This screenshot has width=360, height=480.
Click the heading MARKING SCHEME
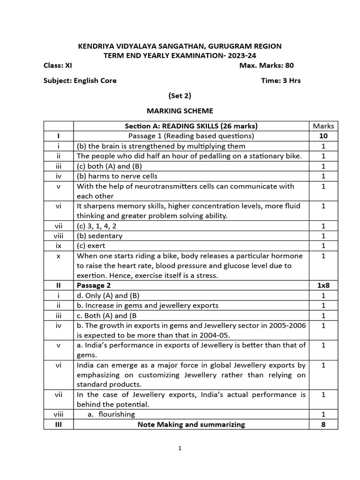(x=180, y=111)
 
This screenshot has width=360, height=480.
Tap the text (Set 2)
(x=180, y=96)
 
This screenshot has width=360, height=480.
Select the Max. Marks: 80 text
(x=266, y=65)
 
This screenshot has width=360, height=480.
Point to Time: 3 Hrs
(x=281, y=80)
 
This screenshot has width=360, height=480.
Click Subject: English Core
(x=80, y=80)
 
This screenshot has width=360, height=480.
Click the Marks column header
(x=323, y=126)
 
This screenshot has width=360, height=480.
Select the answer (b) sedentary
(x=99, y=236)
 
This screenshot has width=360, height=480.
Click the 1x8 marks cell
(x=323, y=285)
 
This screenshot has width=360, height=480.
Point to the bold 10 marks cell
(x=323, y=136)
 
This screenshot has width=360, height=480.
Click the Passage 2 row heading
(x=94, y=285)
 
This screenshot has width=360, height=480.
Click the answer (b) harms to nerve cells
(x=117, y=176)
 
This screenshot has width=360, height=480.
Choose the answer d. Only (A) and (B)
(x=108, y=295)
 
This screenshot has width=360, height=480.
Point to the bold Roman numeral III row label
(x=59, y=424)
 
